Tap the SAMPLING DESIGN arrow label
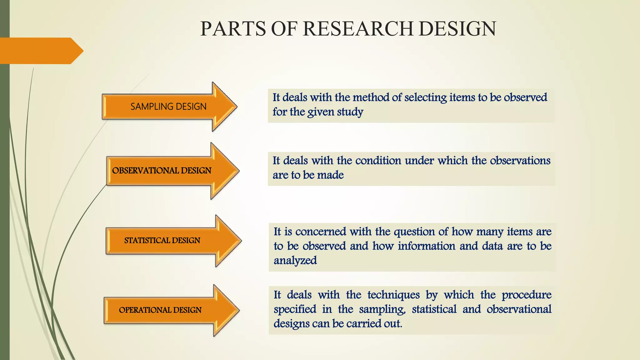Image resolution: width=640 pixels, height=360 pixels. click(168, 107)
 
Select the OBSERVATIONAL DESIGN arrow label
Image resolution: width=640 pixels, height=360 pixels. click(162, 171)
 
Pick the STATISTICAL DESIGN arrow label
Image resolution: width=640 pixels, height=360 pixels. click(162, 240)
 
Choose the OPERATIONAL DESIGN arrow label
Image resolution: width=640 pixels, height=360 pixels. click(160, 310)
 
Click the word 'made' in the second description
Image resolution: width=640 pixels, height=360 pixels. click(330, 175)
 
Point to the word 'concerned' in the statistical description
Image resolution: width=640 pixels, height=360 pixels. click(321, 232)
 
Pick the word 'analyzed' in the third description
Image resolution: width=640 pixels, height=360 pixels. click(295, 261)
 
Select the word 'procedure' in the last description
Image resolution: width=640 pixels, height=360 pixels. click(527, 295)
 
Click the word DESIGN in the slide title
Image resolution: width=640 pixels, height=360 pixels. click(457, 29)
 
